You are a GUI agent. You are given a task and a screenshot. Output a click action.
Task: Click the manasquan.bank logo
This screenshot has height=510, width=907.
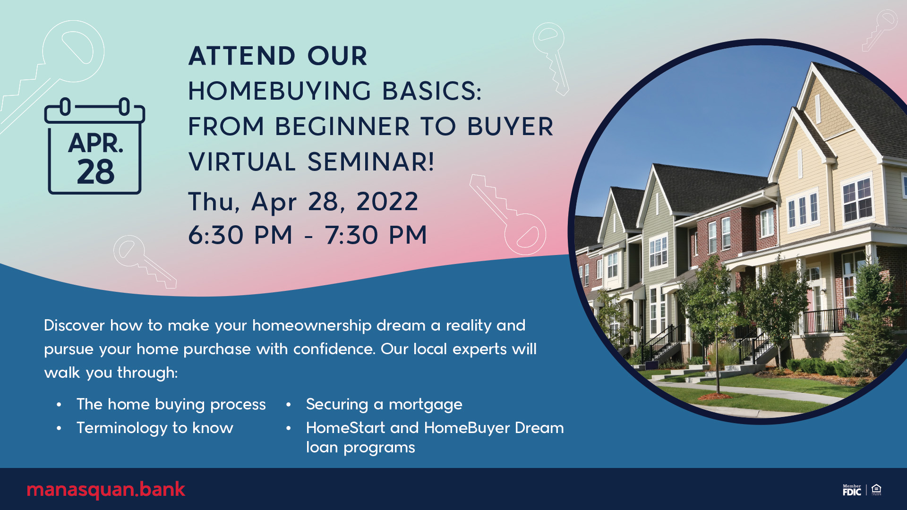[x=106, y=490]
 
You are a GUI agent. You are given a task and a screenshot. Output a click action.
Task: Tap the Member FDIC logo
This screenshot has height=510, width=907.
[x=852, y=490]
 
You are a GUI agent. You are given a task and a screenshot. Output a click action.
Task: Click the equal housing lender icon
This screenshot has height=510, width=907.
[x=876, y=490]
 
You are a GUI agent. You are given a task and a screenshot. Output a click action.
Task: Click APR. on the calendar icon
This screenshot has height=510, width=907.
[x=95, y=143]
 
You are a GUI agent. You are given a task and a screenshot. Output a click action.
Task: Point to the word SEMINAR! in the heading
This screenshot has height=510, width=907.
[x=371, y=162]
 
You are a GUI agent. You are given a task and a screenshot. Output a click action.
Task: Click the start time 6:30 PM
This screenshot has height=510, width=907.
[x=240, y=235]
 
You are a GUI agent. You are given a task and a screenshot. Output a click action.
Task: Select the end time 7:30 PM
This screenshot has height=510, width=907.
[x=376, y=235]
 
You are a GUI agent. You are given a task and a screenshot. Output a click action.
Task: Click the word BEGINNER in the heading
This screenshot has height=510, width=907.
[x=342, y=127]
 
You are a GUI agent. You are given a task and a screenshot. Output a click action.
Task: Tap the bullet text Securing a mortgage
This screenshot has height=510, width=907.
[x=384, y=405]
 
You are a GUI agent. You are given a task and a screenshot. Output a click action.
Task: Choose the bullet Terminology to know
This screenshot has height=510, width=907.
[x=155, y=428]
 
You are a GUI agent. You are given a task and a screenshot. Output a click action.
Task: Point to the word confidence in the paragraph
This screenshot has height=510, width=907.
[x=334, y=349]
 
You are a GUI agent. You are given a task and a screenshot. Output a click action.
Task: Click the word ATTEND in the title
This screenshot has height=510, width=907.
[x=242, y=56]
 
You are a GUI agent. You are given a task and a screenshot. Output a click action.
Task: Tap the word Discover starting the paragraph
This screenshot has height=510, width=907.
[x=74, y=325]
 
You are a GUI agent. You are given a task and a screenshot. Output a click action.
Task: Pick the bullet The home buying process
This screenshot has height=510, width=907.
[x=171, y=405]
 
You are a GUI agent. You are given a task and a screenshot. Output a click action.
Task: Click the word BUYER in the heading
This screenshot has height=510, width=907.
[x=510, y=127]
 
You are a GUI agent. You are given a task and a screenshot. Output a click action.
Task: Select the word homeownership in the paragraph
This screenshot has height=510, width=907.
[x=312, y=325]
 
